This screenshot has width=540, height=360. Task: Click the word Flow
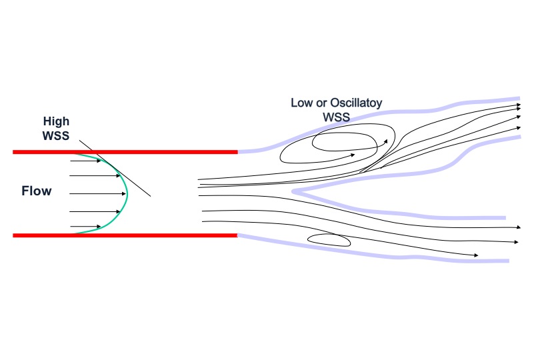click(x=37, y=192)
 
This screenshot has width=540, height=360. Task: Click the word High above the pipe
click(x=56, y=121)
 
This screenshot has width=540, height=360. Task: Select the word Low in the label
click(x=301, y=103)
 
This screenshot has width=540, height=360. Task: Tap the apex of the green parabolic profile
click(x=127, y=193)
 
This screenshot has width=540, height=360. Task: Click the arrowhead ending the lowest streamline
click(x=475, y=255)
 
